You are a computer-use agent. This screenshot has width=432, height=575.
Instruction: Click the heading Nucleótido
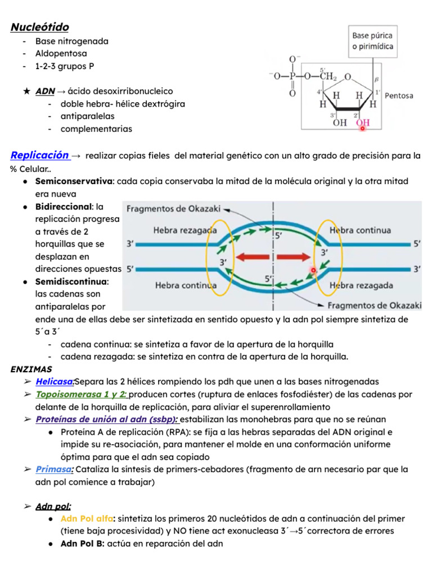coord(40,27)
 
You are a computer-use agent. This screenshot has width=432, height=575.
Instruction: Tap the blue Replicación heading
coord(40,155)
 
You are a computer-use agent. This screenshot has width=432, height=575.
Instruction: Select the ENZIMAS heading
coord(31,369)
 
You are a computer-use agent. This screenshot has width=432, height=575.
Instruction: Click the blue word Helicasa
coord(55,382)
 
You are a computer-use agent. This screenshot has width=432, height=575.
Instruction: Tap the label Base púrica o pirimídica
coord(372,41)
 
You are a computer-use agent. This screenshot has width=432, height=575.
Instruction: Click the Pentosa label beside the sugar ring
coord(399,95)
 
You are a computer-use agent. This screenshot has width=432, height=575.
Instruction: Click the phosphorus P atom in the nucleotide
coord(292,77)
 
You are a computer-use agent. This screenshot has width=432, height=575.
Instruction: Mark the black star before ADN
coord(26,91)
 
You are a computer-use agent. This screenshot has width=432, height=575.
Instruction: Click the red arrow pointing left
coord(253,258)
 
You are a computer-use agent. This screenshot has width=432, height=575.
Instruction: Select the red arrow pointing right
coord(294,258)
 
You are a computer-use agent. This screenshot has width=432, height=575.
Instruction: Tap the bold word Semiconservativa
coord(74,181)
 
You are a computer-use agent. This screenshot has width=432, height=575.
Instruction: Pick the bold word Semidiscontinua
coord(71,281)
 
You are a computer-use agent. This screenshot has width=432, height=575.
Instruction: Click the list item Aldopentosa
coord(61,54)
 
